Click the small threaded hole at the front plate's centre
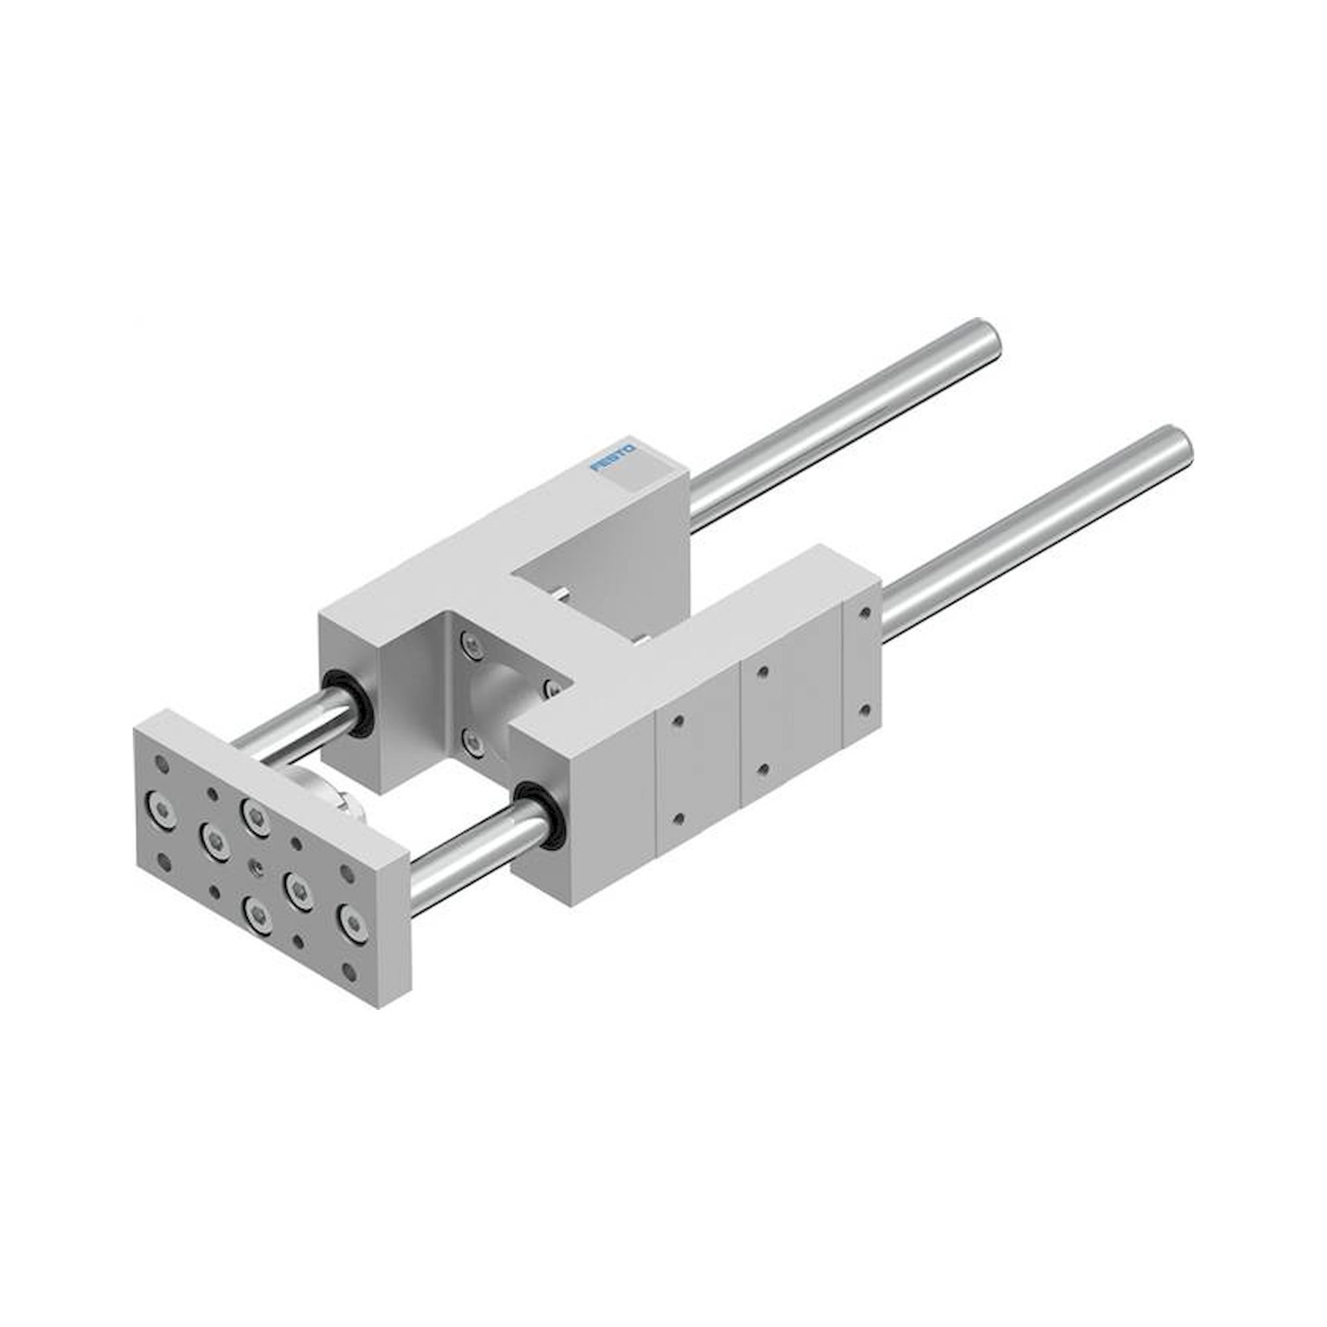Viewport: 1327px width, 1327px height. pos(257,870)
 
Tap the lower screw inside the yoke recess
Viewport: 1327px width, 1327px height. pos(470,740)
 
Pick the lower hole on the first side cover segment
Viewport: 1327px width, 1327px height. pos(679,818)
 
